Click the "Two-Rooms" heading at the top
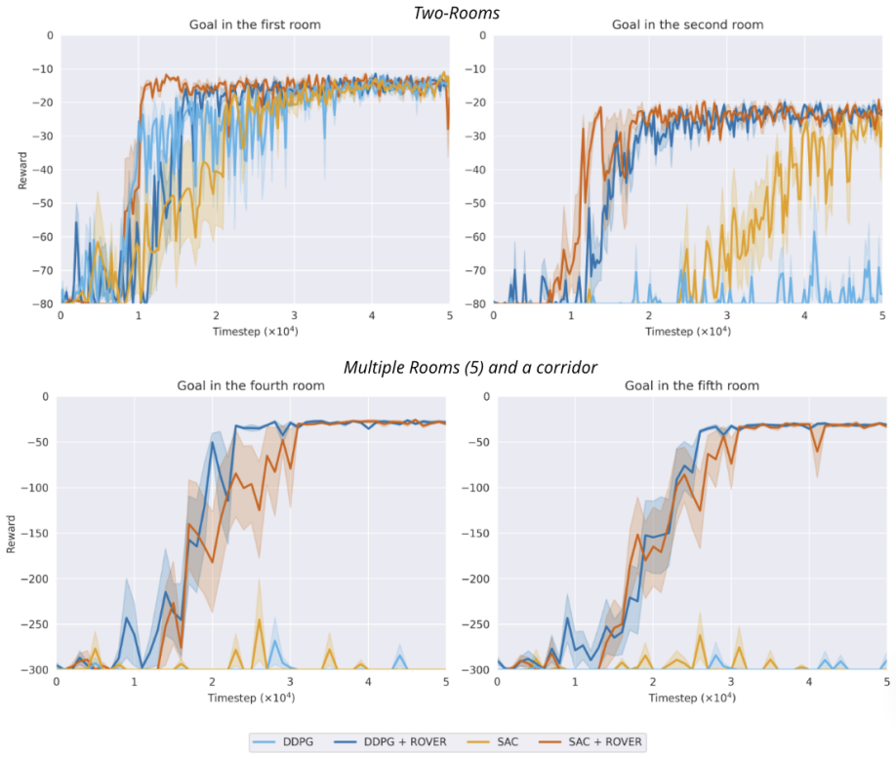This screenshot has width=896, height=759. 457,13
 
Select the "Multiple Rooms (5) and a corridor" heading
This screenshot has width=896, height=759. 470,367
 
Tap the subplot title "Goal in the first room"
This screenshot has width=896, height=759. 255,24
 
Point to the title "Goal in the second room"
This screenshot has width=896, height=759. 687,24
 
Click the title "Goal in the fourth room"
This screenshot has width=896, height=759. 251,385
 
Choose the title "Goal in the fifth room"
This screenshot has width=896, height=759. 692,385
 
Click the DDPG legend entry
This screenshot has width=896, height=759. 283,741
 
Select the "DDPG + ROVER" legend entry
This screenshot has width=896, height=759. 390,741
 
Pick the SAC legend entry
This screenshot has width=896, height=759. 493,741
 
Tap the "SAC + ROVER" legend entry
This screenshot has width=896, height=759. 591,741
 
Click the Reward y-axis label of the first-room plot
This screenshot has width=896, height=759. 22,170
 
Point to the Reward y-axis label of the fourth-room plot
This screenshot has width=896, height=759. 11,534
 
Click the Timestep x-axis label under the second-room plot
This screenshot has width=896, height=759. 688,332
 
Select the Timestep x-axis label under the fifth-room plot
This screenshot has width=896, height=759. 692,698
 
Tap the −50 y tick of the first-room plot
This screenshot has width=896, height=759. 42,203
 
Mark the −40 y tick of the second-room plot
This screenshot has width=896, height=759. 475,170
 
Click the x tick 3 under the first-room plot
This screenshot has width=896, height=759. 294,315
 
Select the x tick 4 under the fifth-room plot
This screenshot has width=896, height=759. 808,681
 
